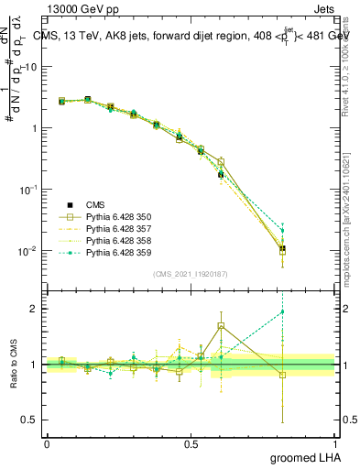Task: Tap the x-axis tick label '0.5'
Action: pyautogui.click(x=191, y=442)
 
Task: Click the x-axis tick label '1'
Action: pyautogui.click(x=335, y=442)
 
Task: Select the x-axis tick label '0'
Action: pyautogui.click(x=47, y=442)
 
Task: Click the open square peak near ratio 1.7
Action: pyautogui.click(x=221, y=325)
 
